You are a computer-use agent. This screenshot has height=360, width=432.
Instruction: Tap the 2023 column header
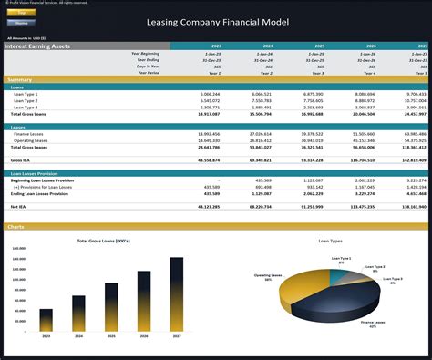[x=215, y=46]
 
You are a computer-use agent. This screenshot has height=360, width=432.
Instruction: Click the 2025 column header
[x=319, y=46]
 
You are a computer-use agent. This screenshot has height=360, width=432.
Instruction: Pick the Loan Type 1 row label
[x=25, y=94]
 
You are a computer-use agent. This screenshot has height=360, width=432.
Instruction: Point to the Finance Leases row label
[x=29, y=133]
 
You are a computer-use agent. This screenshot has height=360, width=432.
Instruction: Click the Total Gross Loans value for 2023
[x=207, y=114]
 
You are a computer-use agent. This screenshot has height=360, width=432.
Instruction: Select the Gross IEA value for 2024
[x=260, y=159]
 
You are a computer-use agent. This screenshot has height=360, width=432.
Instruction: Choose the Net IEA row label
[x=18, y=208]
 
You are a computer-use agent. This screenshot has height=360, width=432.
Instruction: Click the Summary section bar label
[x=19, y=80]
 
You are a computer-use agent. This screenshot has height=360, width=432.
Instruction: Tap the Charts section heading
[x=15, y=226]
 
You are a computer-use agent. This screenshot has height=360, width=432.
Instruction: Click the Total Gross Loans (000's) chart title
[x=102, y=241]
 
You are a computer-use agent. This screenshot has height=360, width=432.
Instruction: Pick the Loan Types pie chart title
[x=330, y=242]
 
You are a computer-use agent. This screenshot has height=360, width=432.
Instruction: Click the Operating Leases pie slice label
[x=267, y=275]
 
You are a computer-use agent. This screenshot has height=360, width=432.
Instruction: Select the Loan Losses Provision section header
[x=36, y=172]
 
